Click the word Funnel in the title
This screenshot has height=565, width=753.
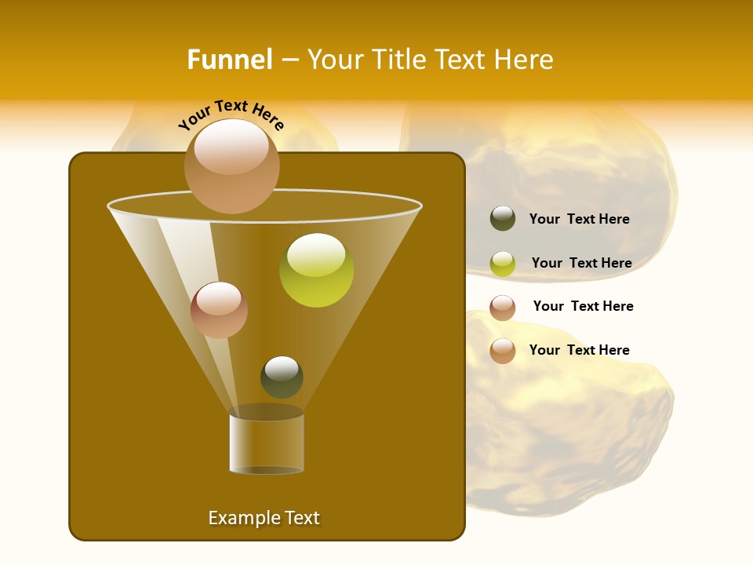coord(229,60)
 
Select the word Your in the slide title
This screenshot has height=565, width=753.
coord(335,60)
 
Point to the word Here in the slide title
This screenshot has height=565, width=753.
coord(525,60)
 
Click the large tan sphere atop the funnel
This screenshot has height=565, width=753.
coord(231,166)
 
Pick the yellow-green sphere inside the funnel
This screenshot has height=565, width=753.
coord(316,270)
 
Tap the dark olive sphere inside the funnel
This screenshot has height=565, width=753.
coord(282,377)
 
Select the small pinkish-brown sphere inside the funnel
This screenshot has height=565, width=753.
coord(219,310)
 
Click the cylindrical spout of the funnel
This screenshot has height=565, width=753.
coord(267,443)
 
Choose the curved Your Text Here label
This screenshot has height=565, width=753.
coord(231,114)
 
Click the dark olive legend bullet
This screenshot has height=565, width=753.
coord(503,219)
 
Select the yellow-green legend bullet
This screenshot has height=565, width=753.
coord(503,264)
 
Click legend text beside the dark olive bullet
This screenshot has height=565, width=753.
coord(579,219)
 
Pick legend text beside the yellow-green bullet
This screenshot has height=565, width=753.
coord(581,263)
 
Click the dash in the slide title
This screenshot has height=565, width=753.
coord(289,60)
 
